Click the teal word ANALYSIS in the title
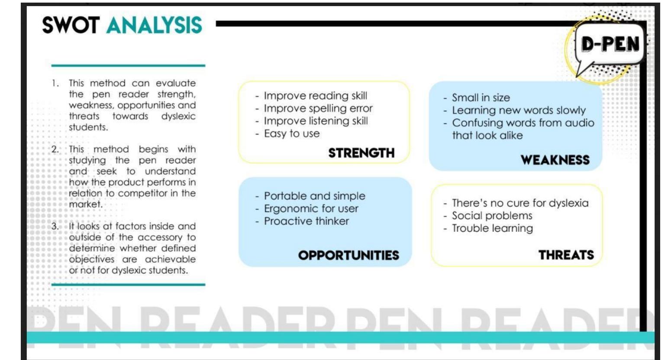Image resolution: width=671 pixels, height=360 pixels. click(x=154, y=25)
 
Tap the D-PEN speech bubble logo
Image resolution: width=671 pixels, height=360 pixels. click(x=610, y=45)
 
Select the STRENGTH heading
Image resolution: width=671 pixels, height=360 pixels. click(x=361, y=153)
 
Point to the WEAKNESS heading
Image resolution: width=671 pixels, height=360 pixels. click(x=555, y=160)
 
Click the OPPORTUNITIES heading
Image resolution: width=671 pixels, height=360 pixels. click(x=348, y=255)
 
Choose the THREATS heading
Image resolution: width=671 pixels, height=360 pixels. click(x=566, y=255)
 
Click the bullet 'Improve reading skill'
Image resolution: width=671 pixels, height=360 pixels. click(x=315, y=96)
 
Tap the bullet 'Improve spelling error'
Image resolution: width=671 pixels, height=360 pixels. click(x=318, y=108)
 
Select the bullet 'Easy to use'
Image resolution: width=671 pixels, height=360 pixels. click(x=291, y=133)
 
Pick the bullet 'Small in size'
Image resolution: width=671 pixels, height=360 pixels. click(x=481, y=97)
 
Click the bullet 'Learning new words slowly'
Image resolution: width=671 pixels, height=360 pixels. click(x=518, y=110)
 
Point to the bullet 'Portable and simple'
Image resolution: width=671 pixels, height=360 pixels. click(x=314, y=196)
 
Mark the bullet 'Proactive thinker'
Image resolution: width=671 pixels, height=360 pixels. click(x=306, y=221)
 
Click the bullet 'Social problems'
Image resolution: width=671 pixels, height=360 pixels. click(x=492, y=215)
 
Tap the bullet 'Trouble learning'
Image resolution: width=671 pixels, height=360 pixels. click(x=492, y=228)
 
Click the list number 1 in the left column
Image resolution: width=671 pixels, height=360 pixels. click(x=55, y=83)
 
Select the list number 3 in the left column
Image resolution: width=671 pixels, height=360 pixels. click(x=55, y=226)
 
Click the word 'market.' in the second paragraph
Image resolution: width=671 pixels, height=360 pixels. click(x=86, y=204)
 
